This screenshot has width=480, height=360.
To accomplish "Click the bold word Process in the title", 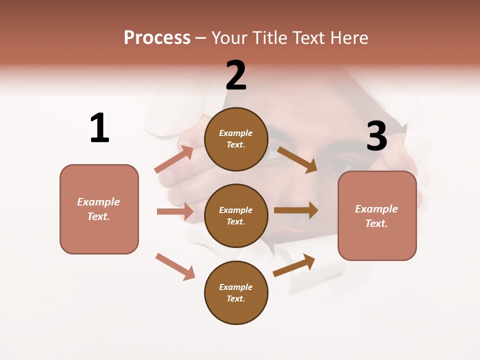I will tap(157, 38).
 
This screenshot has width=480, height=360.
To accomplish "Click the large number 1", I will tap(99, 128).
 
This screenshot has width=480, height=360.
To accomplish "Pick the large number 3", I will tap(376, 136).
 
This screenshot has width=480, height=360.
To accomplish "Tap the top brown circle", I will tap(236, 139).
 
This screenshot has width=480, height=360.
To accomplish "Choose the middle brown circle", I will tap(236, 215).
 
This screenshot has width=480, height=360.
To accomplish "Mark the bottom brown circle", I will tap(236, 292).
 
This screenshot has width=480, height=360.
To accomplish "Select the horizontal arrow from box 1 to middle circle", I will tap(175, 211).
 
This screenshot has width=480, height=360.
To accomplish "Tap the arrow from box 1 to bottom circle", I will tap(175, 266).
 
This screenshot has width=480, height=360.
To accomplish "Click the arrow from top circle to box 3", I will tap(297, 159).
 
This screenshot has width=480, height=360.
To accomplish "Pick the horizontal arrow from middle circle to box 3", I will tap(296, 210).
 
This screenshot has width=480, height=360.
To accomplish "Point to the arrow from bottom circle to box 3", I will tap(294, 265).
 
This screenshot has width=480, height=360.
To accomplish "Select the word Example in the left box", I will tap(98, 202).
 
